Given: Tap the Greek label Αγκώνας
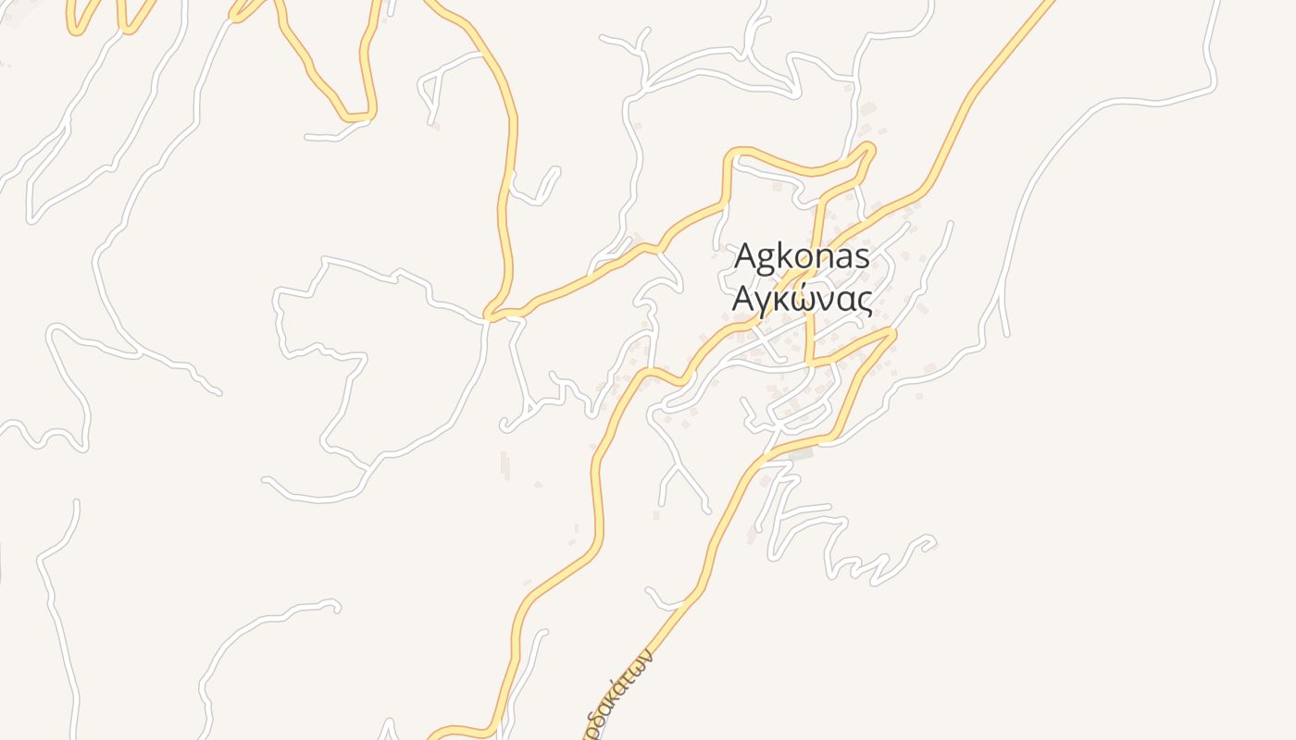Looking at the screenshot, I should (x=802, y=299).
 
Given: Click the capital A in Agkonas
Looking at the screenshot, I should (x=745, y=257).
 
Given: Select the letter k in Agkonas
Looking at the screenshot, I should (x=785, y=256).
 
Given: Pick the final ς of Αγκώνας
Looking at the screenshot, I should (x=864, y=301).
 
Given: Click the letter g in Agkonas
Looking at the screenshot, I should (x=766, y=260).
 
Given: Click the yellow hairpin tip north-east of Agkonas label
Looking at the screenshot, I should (x=870, y=147).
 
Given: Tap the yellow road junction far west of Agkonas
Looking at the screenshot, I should (x=491, y=317).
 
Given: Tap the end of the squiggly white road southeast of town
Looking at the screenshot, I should (x=933, y=544).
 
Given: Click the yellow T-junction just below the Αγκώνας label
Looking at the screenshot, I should (x=810, y=363).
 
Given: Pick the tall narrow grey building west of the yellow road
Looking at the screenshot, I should (x=505, y=465).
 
